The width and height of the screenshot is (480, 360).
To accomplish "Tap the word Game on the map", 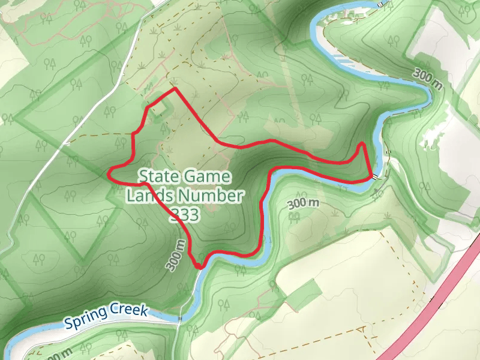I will (x=208, y=176).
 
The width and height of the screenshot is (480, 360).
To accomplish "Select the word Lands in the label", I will (x=146, y=196).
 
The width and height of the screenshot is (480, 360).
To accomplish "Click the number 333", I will (x=184, y=214).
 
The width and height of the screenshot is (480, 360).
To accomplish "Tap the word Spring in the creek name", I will (x=88, y=318).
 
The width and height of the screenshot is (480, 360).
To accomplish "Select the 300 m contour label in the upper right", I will (x=427, y=79).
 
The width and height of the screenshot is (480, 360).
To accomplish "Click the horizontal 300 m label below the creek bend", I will (x=303, y=203).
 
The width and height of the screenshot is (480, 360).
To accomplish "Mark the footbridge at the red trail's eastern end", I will (x=375, y=177).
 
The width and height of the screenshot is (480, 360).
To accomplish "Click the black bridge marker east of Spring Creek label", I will (x=179, y=317).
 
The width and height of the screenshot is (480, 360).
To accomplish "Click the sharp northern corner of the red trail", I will (x=175, y=89).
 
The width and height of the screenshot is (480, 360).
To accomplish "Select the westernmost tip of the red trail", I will (x=109, y=173).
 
